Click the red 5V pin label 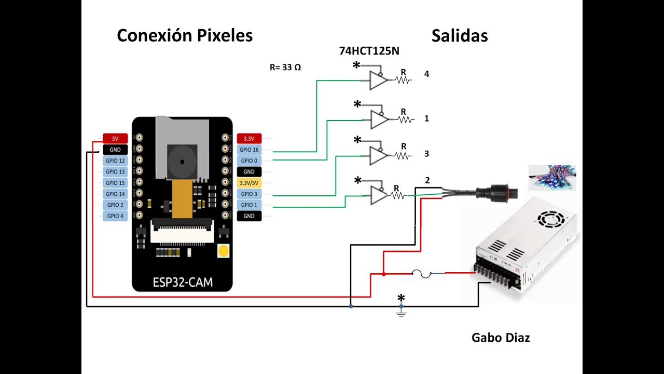[x=115, y=139]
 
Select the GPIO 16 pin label [x=249, y=150]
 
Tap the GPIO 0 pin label [x=249, y=161]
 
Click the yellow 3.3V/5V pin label [x=249, y=183]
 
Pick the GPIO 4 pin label [x=115, y=216]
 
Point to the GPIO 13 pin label [x=115, y=172]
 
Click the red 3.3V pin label [x=249, y=139]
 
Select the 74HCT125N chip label [x=369, y=51]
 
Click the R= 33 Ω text [x=285, y=68]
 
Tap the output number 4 [x=426, y=74]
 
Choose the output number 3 [x=426, y=154]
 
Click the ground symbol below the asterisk [x=401, y=312]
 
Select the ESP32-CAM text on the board [x=183, y=283]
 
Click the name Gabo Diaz [x=501, y=338]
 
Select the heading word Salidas [x=459, y=35]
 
